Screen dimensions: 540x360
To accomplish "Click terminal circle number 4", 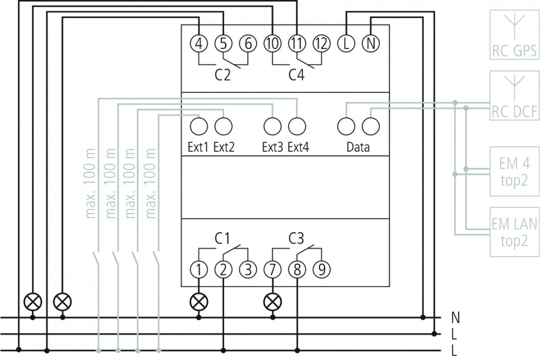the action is coord(199,44).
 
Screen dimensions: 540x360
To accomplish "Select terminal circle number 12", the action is coord(322,44).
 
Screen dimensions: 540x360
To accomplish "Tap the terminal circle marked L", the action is coord(346,44).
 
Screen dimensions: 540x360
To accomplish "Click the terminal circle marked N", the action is coord(371,44).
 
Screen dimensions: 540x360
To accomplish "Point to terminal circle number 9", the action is coord(322,270).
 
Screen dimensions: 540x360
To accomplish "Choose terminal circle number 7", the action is coord(273,270).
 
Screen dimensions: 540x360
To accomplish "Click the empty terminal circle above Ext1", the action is coord(199,126).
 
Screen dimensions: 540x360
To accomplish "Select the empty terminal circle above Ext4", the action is coord(297,126).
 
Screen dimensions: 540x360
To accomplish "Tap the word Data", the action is coord(358,147).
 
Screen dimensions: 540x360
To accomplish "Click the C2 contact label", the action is coord(222,75).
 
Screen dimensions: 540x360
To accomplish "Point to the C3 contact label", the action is coord(296,238).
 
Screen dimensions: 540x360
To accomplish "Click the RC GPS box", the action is coord(514,35).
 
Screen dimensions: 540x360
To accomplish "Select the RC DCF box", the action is coord(514,95).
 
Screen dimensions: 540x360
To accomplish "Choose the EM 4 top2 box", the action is coord(514,171).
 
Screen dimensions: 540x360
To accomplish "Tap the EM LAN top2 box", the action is coord(514,232).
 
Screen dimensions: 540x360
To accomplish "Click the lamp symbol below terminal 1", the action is coord(199,302).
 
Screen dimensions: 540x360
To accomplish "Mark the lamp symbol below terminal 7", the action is coord(273,302).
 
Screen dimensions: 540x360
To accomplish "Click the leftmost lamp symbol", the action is coord(33,302).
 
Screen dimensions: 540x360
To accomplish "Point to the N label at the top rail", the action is coord(455,318).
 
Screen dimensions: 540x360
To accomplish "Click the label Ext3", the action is coord(272,147).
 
